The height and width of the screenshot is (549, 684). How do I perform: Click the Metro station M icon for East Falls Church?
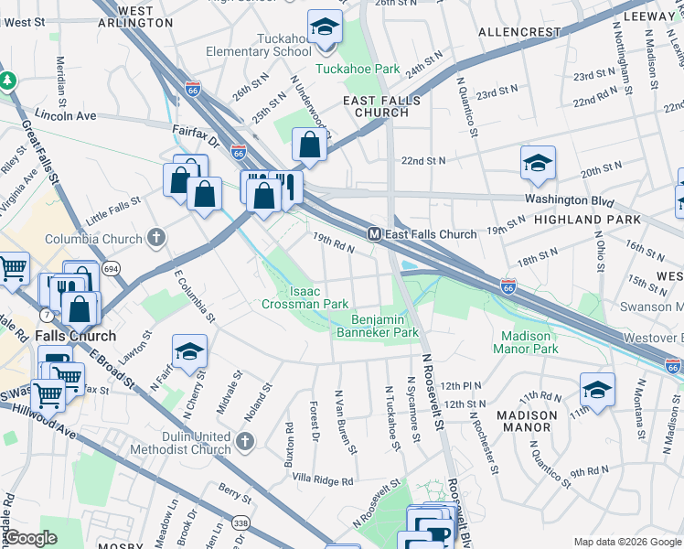[375, 234]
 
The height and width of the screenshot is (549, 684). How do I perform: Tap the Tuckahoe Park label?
[358, 69]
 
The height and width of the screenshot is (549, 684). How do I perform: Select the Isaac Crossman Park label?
[305, 296]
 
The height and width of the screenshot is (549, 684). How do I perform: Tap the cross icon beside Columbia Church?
[156, 239]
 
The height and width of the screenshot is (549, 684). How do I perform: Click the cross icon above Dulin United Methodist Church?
[243, 442]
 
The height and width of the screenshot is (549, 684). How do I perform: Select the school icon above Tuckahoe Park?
[324, 28]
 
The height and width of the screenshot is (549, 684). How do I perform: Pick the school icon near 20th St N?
[538, 165]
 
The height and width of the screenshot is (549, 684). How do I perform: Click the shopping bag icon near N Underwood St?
[310, 145]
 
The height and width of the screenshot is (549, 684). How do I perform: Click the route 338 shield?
[240, 522]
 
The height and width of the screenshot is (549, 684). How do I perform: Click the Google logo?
[31, 538]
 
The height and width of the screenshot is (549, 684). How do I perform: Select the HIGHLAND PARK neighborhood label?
[587, 220]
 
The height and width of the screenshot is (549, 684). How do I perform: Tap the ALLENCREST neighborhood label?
[519, 32]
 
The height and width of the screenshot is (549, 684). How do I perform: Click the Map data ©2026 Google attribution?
[626, 542]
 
